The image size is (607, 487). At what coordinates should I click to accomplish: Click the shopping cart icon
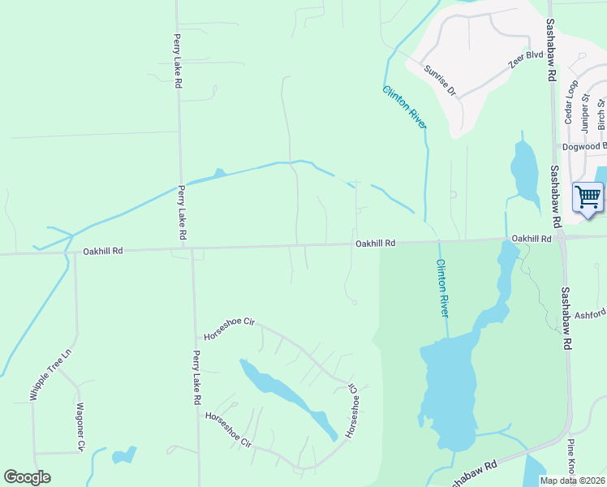tap(588, 197)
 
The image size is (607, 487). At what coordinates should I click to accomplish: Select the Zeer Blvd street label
tap(524, 59)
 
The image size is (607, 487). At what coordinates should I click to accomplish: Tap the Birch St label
tap(601, 114)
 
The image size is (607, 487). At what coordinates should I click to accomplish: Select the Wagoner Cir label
tap(80, 426)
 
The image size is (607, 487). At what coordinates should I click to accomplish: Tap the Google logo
tap(27, 477)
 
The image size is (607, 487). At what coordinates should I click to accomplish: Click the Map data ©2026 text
tap(572, 481)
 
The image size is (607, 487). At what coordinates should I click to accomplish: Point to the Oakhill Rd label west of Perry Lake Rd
tap(102, 252)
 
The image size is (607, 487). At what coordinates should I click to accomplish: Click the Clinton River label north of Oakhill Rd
tap(404, 106)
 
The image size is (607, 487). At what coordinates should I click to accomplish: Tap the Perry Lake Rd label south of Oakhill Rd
tap(196, 377)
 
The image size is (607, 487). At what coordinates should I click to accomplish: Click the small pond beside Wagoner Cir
tap(124, 455)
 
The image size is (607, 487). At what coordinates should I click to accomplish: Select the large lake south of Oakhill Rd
tap(448, 390)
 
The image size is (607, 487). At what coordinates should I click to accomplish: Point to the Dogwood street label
tap(584, 147)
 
